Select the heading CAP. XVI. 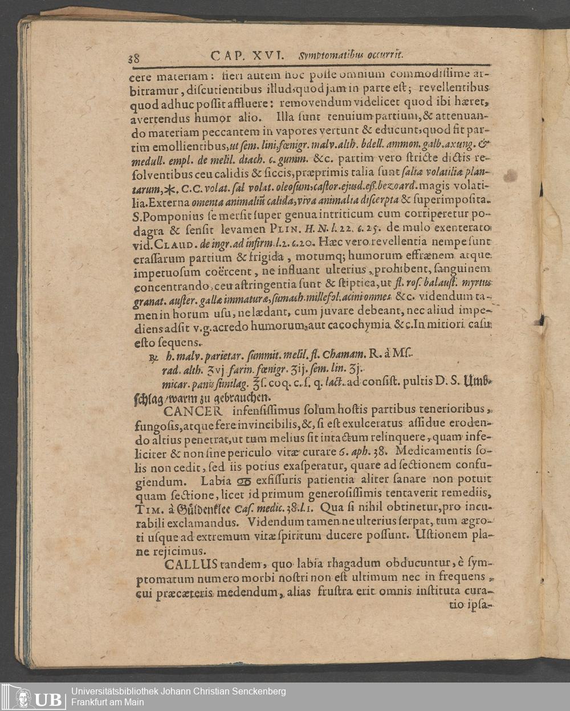click(246, 55)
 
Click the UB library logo click(34, 696)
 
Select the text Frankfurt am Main click(107, 702)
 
